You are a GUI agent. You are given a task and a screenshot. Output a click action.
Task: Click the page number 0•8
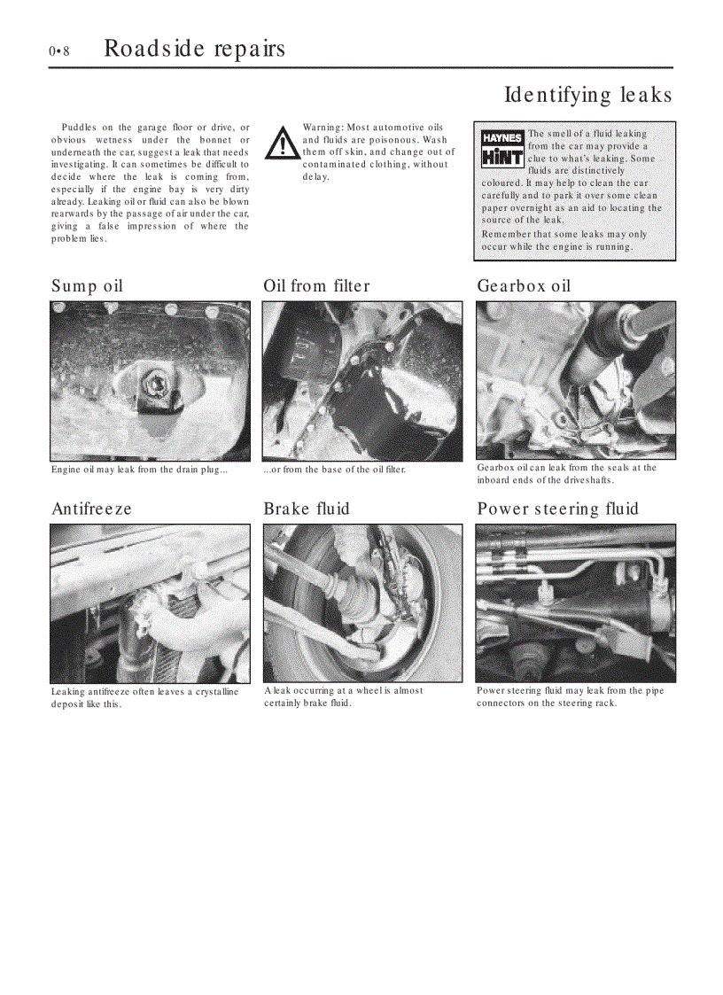click(59, 51)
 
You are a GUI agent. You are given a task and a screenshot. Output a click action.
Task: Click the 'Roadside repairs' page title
click(194, 48)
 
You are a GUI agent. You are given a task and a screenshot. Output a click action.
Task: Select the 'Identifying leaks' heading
click(587, 95)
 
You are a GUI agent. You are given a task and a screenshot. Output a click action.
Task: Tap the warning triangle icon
click(283, 143)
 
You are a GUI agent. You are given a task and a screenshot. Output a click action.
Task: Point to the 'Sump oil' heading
click(87, 286)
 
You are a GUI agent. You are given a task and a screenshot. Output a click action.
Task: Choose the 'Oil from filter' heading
click(316, 286)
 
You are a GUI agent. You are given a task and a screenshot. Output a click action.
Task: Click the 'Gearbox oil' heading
click(524, 286)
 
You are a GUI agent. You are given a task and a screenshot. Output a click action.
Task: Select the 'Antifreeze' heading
click(91, 509)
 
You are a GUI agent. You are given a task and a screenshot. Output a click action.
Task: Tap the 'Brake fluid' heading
click(307, 509)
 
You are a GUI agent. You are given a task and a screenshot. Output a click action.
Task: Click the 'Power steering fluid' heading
click(557, 509)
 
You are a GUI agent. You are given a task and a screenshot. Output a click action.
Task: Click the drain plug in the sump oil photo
click(160, 385)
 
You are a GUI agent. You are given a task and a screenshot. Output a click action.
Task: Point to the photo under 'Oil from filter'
click(361, 381)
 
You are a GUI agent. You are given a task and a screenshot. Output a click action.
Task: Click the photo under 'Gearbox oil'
click(576, 380)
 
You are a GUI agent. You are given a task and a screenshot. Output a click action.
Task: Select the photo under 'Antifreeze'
click(150, 602)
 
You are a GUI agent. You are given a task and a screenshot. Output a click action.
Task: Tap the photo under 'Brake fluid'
click(361, 602)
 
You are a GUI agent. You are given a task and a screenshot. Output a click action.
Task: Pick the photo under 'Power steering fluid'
click(576, 602)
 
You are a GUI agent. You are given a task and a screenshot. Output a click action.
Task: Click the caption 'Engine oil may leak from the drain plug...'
click(139, 470)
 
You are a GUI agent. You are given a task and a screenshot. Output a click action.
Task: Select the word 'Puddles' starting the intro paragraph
click(78, 128)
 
